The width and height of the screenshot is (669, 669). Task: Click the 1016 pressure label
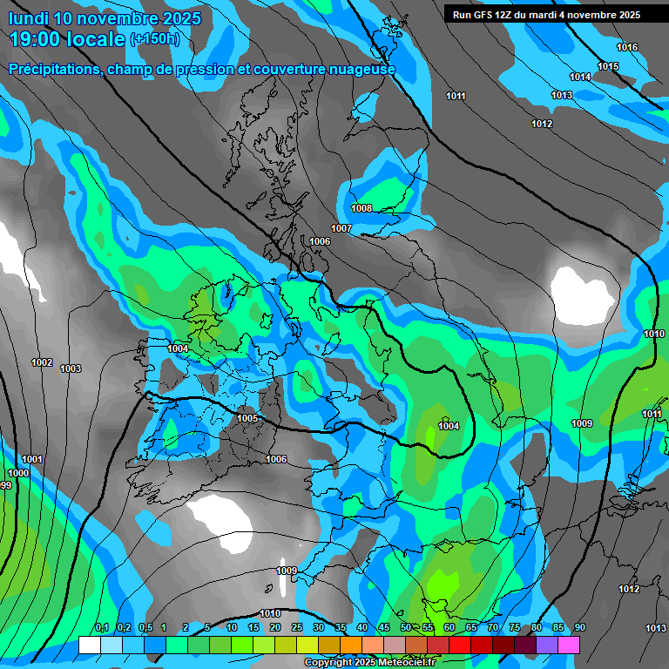coord(627,47)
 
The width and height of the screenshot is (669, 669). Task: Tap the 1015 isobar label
coord(608,67)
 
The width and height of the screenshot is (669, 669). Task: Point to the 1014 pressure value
coord(581,78)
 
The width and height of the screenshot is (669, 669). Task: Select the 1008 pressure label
coord(362,209)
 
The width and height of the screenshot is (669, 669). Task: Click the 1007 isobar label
coord(341,228)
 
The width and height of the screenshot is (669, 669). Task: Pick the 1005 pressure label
coord(247,419)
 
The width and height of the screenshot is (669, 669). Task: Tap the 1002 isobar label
coord(41,362)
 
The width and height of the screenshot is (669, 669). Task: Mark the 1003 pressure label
coord(71,369)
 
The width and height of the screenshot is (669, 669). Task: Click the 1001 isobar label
coord(32,459)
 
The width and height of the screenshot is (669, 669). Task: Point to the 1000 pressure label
coord(18,473)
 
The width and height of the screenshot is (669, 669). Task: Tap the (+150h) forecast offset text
coord(155,39)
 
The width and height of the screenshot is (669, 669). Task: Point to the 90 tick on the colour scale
coord(579,628)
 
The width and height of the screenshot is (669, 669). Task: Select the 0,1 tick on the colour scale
coord(101,628)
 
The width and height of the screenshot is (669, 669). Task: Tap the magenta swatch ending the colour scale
coord(569,645)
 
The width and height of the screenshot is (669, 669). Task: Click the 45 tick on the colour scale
coord(384,628)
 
